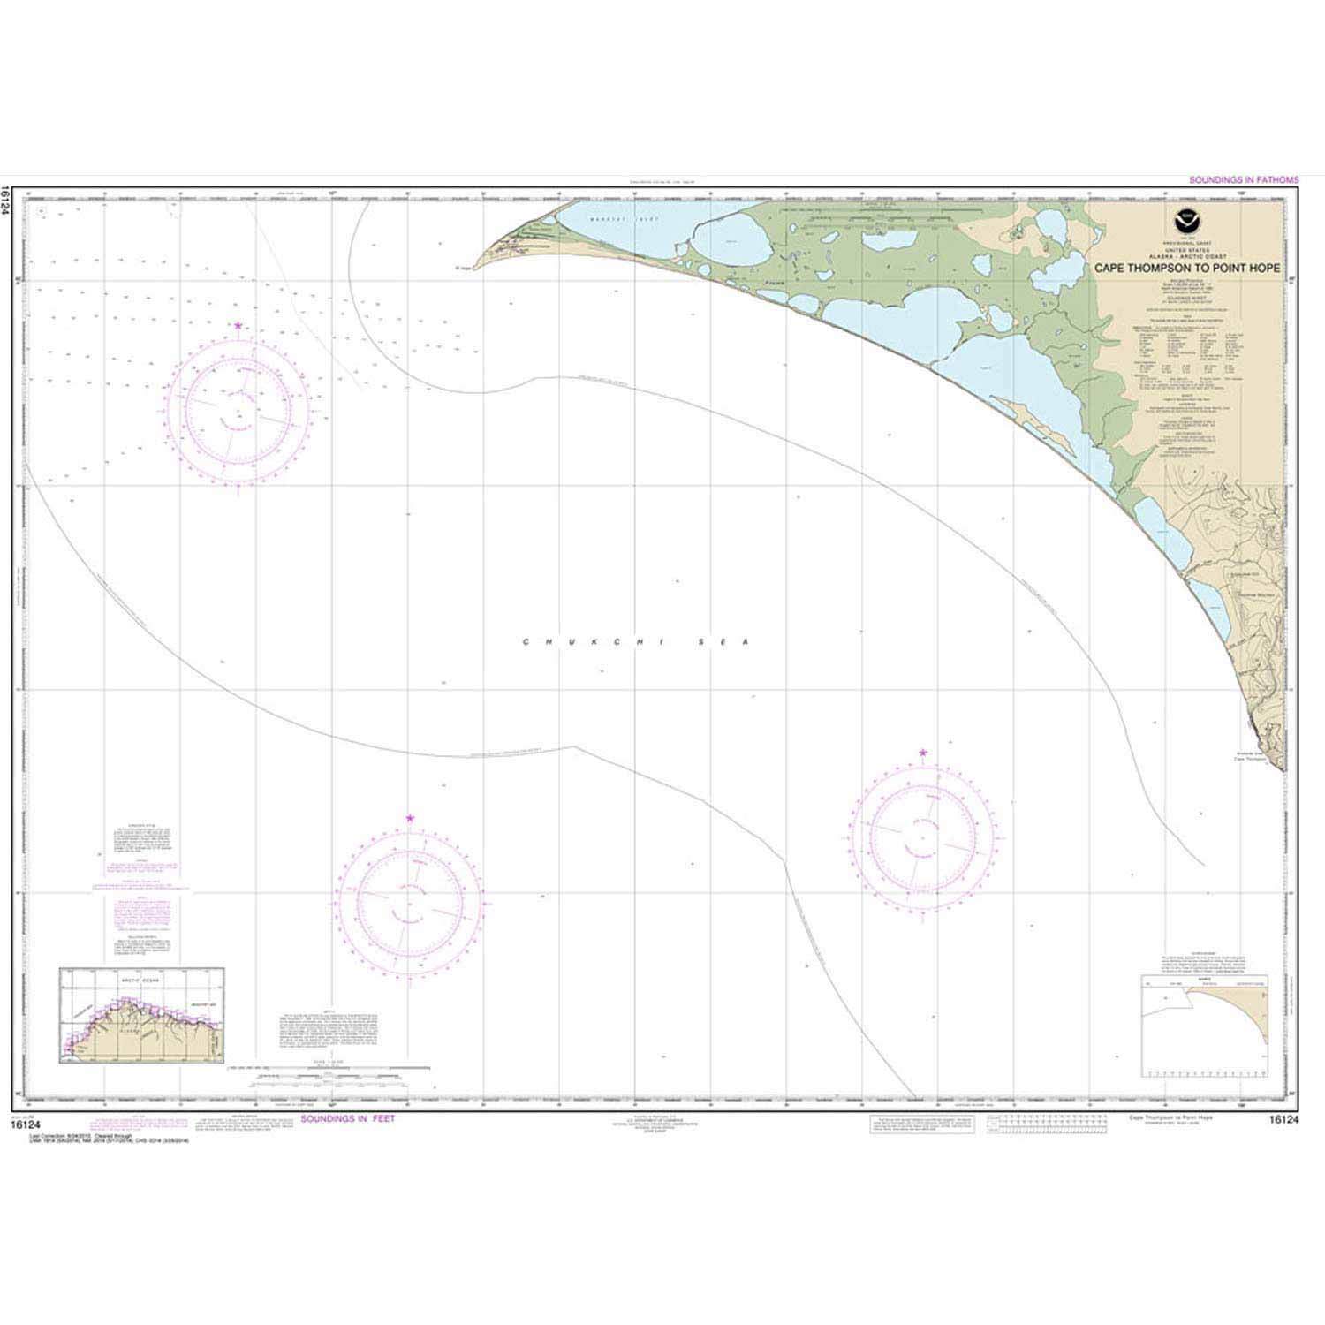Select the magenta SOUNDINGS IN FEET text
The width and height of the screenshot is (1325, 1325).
pos(348,1118)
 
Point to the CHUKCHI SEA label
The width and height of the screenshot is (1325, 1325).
pos(635,642)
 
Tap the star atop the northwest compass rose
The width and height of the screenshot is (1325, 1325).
pos(238,326)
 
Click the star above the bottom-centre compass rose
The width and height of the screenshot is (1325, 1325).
pos(410,819)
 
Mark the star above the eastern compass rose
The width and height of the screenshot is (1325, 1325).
pos(923,753)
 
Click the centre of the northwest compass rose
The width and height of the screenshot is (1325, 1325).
pos(238,412)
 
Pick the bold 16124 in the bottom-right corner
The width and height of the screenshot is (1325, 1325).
pos(1285,1118)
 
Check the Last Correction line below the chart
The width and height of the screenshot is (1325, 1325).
pos(71,1131)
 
